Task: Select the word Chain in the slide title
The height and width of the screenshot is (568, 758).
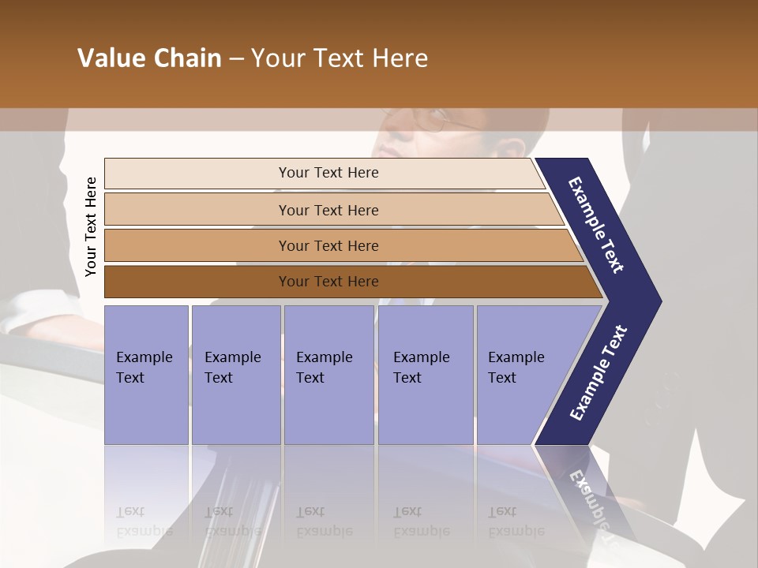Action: [187, 58]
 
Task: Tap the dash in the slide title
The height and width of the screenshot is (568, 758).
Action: [236, 59]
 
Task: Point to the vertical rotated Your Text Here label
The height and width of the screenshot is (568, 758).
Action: [91, 226]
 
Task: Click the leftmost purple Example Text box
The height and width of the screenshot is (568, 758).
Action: [146, 374]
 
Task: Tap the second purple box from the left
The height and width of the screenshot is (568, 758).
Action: [235, 374]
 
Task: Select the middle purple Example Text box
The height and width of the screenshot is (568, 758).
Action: [328, 374]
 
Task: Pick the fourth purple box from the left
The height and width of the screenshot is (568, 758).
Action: [425, 374]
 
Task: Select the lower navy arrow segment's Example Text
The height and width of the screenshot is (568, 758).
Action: [599, 373]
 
